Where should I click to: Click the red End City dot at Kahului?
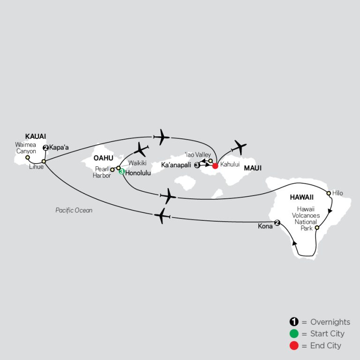point(215,166)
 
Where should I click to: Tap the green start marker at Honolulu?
point(122,172)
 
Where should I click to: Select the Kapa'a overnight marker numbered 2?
point(45,148)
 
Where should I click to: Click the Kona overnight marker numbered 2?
point(277,223)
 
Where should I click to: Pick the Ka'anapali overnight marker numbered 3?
point(197,165)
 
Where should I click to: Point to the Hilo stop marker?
point(329,193)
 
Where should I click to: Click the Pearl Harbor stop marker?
point(112,170)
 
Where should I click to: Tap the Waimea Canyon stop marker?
point(28,157)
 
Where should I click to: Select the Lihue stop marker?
point(44,161)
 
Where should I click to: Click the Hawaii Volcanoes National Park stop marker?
point(317,228)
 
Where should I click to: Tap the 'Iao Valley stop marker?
point(210,161)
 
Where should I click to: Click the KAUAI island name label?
point(36,136)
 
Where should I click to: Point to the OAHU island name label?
point(103,158)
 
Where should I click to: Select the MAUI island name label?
point(253,168)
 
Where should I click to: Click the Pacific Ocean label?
point(74,210)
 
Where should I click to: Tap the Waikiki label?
point(137,163)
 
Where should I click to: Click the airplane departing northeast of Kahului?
point(239,147)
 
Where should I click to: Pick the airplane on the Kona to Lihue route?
point(162,216)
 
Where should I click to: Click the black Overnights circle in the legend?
point(294,322)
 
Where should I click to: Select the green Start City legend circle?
point(294,334)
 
